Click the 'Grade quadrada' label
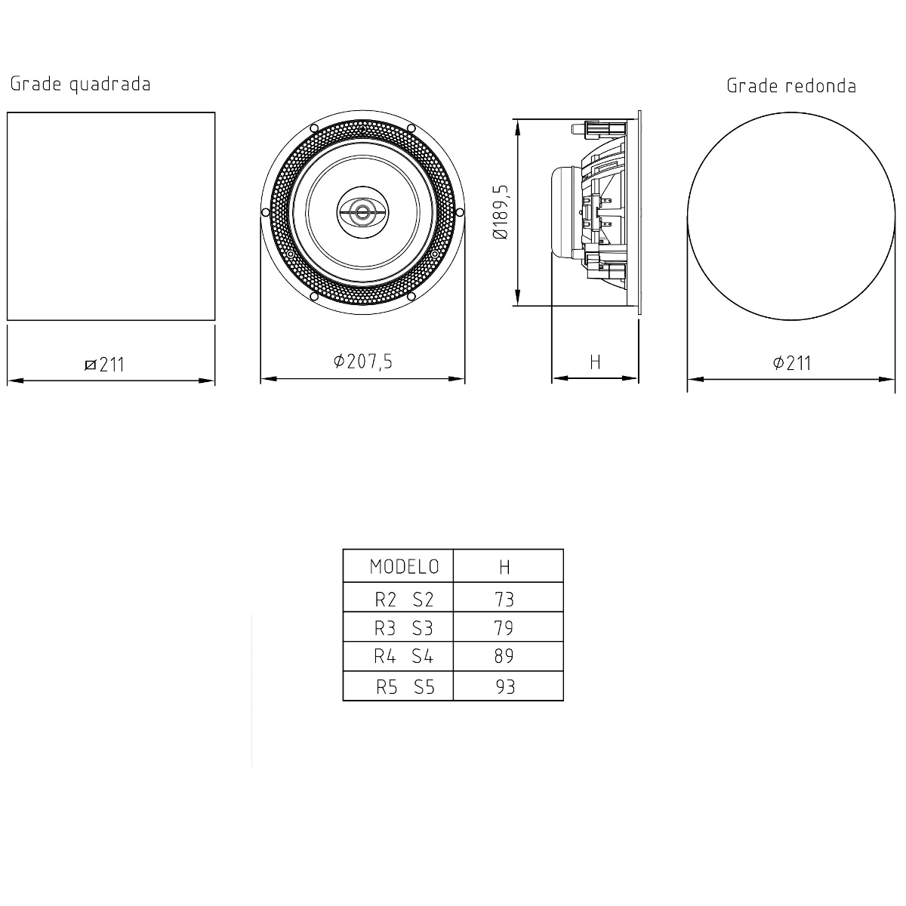point(80,84)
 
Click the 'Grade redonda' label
point(791,86)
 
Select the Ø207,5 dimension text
point(363,362)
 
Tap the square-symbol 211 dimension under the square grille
point(105,365)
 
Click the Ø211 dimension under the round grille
point(791,363)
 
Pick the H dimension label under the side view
point(595,362)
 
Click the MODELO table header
point(405,566)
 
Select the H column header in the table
point(504,567)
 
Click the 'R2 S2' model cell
point(405,599)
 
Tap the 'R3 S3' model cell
point(405,628)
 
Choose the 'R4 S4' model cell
point(405,656)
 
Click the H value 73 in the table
point(504,599)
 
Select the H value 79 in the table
point(504,628)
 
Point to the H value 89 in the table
point(504,656)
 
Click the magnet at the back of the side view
point(565,212)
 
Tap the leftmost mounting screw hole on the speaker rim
point(264,212)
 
